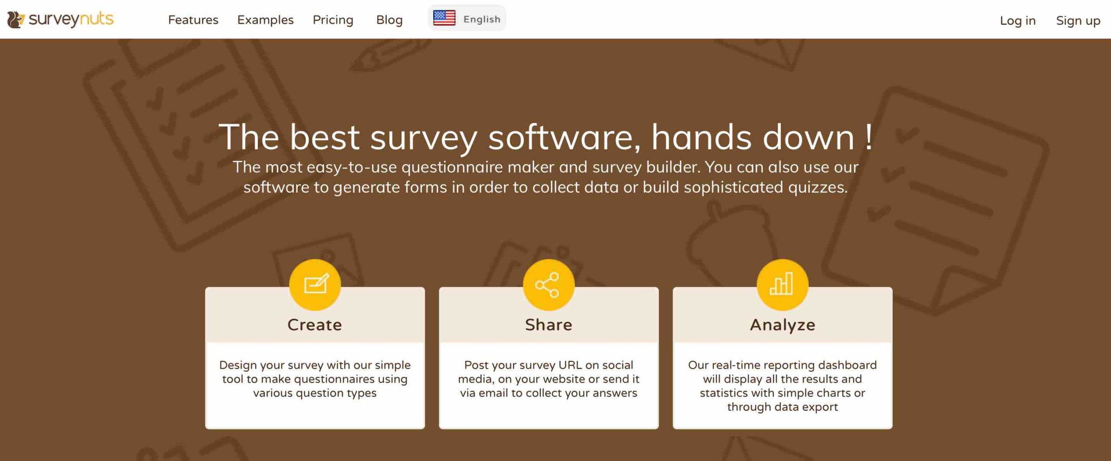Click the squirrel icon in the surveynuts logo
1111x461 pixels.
(16, 20)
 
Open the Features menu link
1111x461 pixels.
(193, 20)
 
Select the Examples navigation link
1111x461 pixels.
(265, 20)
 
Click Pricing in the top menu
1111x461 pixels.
(333, 20)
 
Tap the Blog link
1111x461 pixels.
(389, 20)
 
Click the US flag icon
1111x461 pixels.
(444, 18)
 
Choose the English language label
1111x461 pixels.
(482, 19)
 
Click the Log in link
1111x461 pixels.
(1018, 20)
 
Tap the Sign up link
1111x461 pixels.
(1078, 20)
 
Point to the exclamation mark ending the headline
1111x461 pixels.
(868, 137)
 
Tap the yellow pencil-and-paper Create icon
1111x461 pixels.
(315, 284)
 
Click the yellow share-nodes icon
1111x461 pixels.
(549, 284)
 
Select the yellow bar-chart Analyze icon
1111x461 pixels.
(782, 284)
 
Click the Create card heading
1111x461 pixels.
(315, 325)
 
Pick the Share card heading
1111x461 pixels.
(549, 325)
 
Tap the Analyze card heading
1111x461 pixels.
(782, 325)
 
